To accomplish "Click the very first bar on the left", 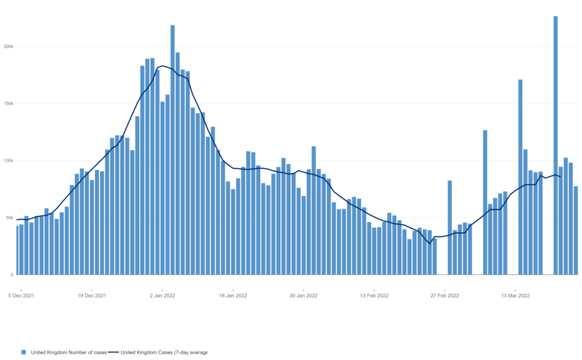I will click(18, 250).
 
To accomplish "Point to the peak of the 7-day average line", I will click(163, 65).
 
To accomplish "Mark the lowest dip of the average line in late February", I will click(430, 243).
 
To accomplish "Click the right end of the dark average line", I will click(560, 177).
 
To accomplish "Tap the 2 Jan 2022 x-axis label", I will click(163, 296).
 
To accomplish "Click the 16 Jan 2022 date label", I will click(233, 296).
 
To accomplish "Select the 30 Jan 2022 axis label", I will click(304, 296).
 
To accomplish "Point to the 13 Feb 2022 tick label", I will click(375, 296).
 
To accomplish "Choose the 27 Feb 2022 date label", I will click(445, 296).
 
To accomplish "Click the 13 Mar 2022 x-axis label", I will click(516, 296).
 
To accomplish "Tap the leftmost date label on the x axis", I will click(21, 296).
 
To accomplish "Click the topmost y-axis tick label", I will click(9, 46).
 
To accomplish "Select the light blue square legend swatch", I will click(24, 352).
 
